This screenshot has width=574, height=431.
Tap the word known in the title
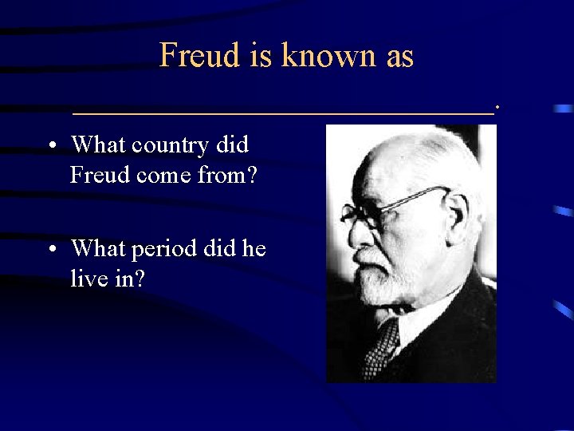coord(326,55)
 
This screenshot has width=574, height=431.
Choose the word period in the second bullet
coord(163,250)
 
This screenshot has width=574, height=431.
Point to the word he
coord(254,249)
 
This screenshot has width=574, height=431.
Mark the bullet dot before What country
coord(50,146)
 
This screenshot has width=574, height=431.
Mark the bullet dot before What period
coord(50,250)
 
